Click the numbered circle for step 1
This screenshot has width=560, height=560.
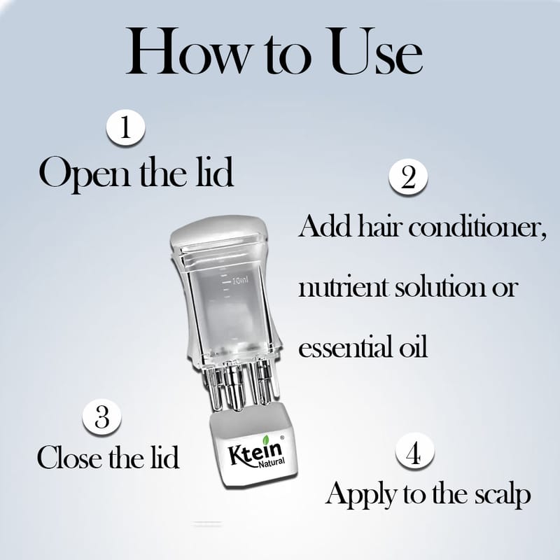pos(125,127)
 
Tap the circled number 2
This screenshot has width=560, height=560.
pos(408,176)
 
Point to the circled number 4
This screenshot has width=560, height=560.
pos(414,451)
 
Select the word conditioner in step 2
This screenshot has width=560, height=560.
pos(478,227)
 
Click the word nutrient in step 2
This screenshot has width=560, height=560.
pos(343,287)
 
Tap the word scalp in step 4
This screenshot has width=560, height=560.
pos(503,496)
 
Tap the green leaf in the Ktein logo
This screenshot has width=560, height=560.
pos(266,440)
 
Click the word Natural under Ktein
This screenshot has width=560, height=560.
pos(272,463)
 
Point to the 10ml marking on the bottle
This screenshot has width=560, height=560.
pos(239,281)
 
